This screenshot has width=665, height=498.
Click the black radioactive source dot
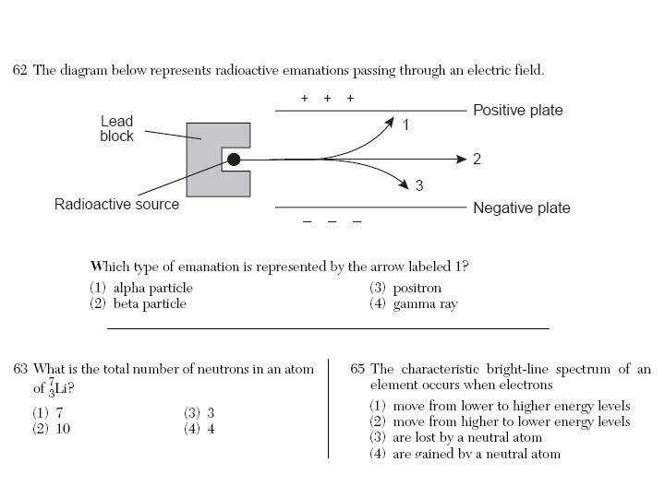pos(234,160)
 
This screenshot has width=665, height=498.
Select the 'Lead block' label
pos(117,128)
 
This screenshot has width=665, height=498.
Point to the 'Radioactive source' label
pos(117,204)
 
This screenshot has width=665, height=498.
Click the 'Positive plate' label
pos(517,111)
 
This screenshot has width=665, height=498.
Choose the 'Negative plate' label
pos(521,207)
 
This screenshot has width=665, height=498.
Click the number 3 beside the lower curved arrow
pos(419,186)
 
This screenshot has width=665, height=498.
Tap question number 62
pos(19,70)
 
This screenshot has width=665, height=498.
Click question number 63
pos(19,369)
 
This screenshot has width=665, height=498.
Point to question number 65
pos(358,369)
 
